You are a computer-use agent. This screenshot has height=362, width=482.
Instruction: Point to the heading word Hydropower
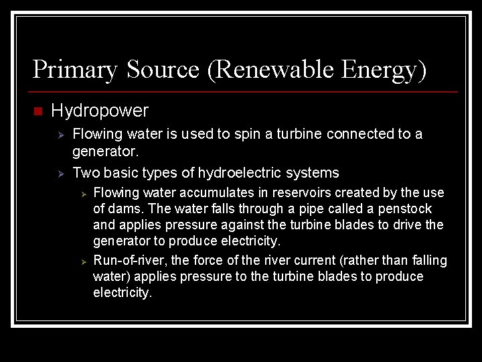pyautogui.click(x=100, y=109)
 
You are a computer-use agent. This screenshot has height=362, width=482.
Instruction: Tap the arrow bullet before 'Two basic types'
pyautogui.click(x=60, y=174)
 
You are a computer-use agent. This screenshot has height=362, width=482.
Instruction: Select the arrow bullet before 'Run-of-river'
pyautogui.click(x=84, y=261)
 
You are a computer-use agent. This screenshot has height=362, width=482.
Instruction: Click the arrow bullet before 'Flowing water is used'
pyautogui.click(x=60, y=135)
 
